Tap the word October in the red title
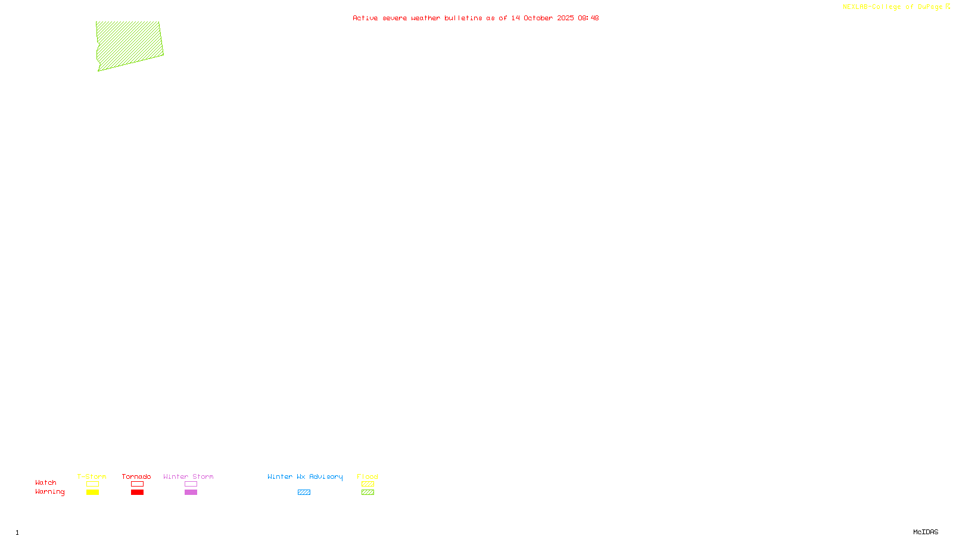click(538, 18)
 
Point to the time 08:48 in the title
click(588, 18)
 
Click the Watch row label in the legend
click(46, 482)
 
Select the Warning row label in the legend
click(49, 492)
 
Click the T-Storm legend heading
click(92, 476)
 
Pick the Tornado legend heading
click(136, 476)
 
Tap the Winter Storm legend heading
click(188, 476)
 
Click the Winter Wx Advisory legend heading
click(305, 476)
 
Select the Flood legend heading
click(368, 476)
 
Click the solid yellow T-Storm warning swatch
click(92, 493)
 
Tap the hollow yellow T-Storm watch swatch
click(92, 484)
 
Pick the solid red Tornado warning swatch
click(137, 493)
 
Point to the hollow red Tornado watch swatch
click(137, 484)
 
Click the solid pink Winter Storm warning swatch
click(191, 493)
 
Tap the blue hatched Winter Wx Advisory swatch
click(304, 493)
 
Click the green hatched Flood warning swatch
click(368, 493)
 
